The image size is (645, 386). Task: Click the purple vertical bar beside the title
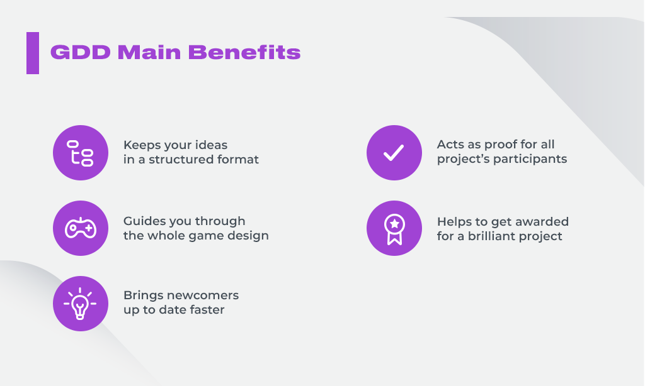click(33, 53)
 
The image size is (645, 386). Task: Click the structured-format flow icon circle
click(81, 153)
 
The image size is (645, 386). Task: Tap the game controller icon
click(81, 228)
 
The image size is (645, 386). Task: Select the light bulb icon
click(81, 304)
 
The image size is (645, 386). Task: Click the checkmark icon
click(394, 153)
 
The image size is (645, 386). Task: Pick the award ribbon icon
click(394, 228)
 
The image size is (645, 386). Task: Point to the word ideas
click(211, 145)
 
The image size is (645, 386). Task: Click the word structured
click(181, 160)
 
